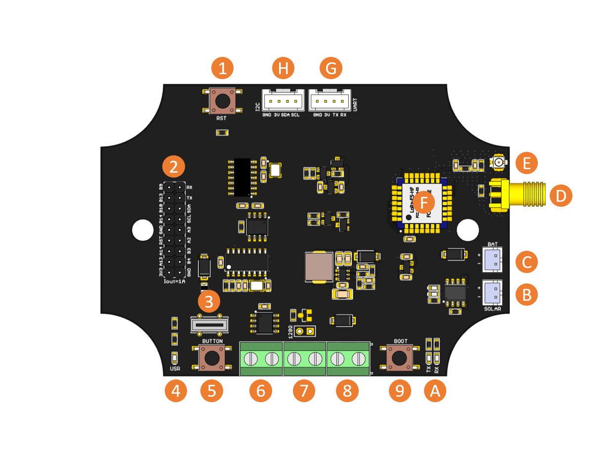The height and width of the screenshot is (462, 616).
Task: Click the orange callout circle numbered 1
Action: pos(222,68)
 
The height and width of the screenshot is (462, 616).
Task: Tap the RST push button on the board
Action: pos(222,101)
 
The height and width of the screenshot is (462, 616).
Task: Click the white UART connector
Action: pos(329,101)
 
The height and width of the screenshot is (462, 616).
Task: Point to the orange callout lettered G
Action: pos(331,68)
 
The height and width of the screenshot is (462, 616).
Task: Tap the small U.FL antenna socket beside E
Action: pos(499,162)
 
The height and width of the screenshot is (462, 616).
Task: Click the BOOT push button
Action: pos(400,358)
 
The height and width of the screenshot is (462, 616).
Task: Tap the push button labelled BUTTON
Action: pos(212,358)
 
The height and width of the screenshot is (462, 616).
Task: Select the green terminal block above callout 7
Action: pos(304,359)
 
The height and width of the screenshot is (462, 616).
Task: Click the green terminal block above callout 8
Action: pos(348,359)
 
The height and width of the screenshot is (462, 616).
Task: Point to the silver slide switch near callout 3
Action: pos(209,325)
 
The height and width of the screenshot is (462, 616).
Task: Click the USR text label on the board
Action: pos(175,369)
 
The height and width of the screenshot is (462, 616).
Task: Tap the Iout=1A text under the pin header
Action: pos(174,282)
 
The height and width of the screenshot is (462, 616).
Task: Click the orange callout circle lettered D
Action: pos(561,196)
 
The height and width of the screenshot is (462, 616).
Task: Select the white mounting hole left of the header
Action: pos(142,230)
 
